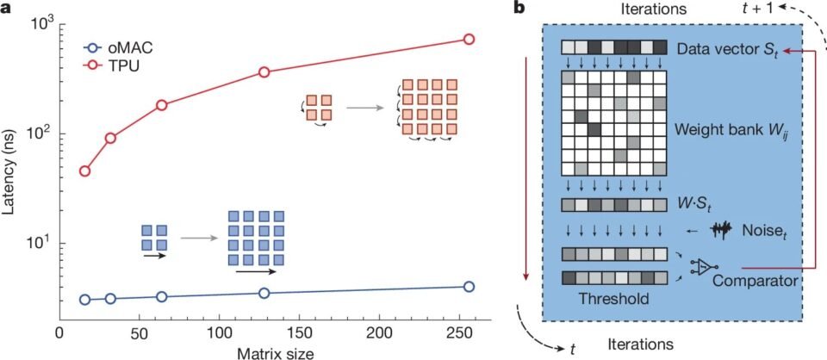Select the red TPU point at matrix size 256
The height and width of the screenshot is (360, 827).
469,40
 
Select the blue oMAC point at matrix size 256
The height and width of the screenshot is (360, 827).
469,286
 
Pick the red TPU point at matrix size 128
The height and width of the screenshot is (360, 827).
264,72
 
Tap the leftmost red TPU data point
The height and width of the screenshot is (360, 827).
85,171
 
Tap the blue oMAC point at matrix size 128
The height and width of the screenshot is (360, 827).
264,293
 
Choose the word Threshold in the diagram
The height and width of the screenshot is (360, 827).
613,298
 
